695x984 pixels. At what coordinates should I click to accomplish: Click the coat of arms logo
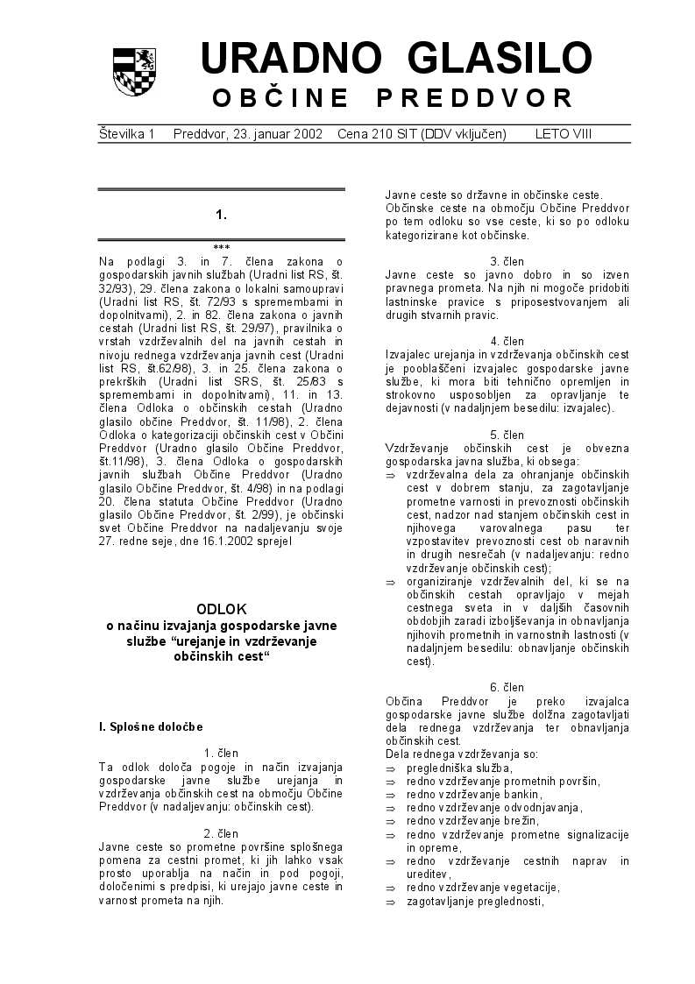point(135,72)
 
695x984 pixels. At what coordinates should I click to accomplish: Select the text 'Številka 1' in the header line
point(126,134)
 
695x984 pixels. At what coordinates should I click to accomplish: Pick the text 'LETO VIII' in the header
point(564,134)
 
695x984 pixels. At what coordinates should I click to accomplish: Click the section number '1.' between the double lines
point(221,214)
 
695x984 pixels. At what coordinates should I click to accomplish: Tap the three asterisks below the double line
point(221,248)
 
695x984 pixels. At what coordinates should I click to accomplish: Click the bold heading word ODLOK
point(221,608)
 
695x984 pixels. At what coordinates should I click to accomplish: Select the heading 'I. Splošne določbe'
point(151,726)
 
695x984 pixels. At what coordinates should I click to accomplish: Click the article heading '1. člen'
point(221,753)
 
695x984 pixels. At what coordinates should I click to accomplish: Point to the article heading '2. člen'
point(221,833)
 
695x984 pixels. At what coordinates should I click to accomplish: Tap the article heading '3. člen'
point(507,261)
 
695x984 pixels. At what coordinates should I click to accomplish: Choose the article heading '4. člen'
point(507,341)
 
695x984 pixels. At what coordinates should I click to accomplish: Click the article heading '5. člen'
point(507,435)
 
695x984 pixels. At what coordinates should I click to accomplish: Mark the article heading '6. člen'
point(507,688)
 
